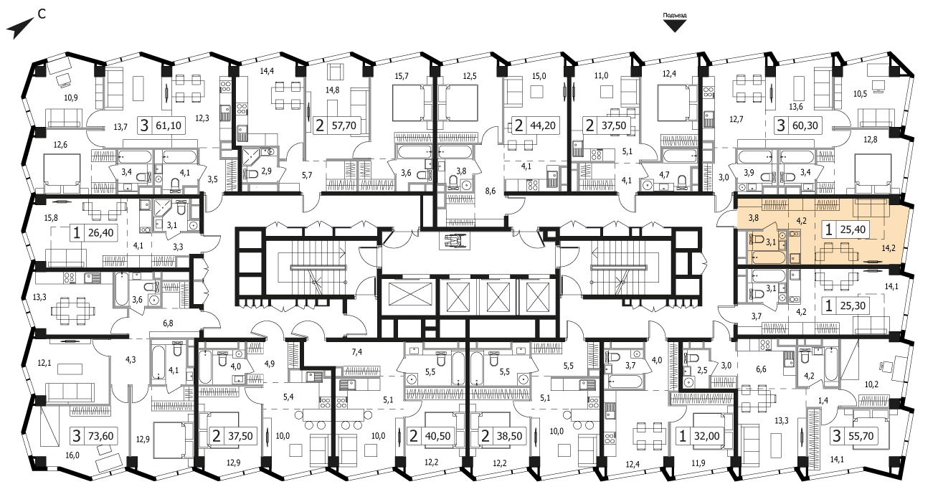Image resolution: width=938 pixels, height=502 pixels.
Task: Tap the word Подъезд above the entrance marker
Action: pos(675,16)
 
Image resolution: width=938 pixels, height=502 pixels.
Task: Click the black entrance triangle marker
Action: pos(675,27)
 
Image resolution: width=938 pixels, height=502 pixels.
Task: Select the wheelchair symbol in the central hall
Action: pos(455,241)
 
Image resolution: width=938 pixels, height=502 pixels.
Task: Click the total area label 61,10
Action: pos(169,126)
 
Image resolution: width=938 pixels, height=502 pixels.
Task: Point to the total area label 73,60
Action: pos(101,436)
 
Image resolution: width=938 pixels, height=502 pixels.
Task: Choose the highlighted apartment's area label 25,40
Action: pos(853,229)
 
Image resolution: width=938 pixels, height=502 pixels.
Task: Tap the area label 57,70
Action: pos(344,126)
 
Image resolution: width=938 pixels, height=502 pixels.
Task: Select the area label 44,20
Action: pos(543,126)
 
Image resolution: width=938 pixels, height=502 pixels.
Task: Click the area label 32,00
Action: pos(706,436)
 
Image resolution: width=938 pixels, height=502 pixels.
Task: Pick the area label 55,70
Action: pos(861,436)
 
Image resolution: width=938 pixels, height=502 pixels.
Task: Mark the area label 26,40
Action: pos(101,232)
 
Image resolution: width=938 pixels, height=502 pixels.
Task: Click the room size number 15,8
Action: pos(51,218)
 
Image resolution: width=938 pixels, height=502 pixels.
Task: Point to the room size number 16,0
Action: pos(72,455)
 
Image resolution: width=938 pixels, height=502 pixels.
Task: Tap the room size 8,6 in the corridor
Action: pos(491,191)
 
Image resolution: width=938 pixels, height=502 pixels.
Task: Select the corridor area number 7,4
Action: pos(357,352)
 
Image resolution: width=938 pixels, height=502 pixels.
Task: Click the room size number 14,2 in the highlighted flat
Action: pos(889,248)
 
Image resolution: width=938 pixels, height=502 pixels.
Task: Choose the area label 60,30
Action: pos(805,126)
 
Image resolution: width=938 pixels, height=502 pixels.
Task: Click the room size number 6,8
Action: pos(168,323)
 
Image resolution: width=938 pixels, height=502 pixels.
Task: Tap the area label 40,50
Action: pos(437,436)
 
